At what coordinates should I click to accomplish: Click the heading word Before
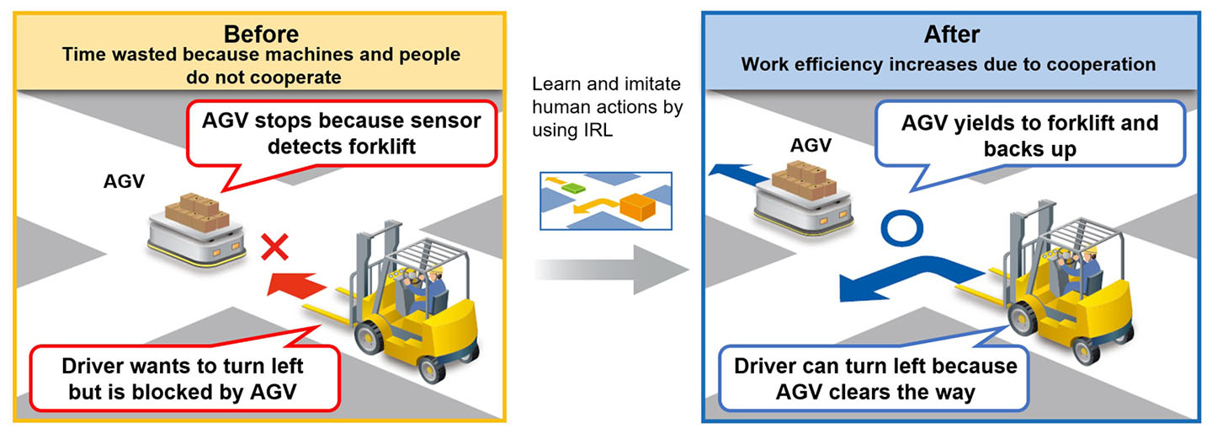pyautogui.click(x=261, y=35)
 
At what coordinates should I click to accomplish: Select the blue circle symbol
pyautogui.click(x=901, y=226)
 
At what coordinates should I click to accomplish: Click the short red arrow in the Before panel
pyautogui.click(x=291, y=283)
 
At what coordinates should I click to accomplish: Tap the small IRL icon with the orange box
pyautogui.click(x=607, y=201)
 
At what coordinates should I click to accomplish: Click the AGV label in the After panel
pyautogui.click(x=811, y=145)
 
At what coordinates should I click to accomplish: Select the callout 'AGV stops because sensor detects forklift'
pyautogui.click(x=341, y=132)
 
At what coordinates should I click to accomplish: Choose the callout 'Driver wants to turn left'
pyautogui.click(x=183, y=379)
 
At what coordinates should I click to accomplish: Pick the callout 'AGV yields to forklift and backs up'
pyautogui.click(x=1029, y=136)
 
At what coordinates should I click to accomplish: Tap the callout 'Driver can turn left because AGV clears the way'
pyautogui.click(x=874, y=378)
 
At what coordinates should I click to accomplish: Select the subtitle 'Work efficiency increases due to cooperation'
pyautogui.click(x=948, y=65)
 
